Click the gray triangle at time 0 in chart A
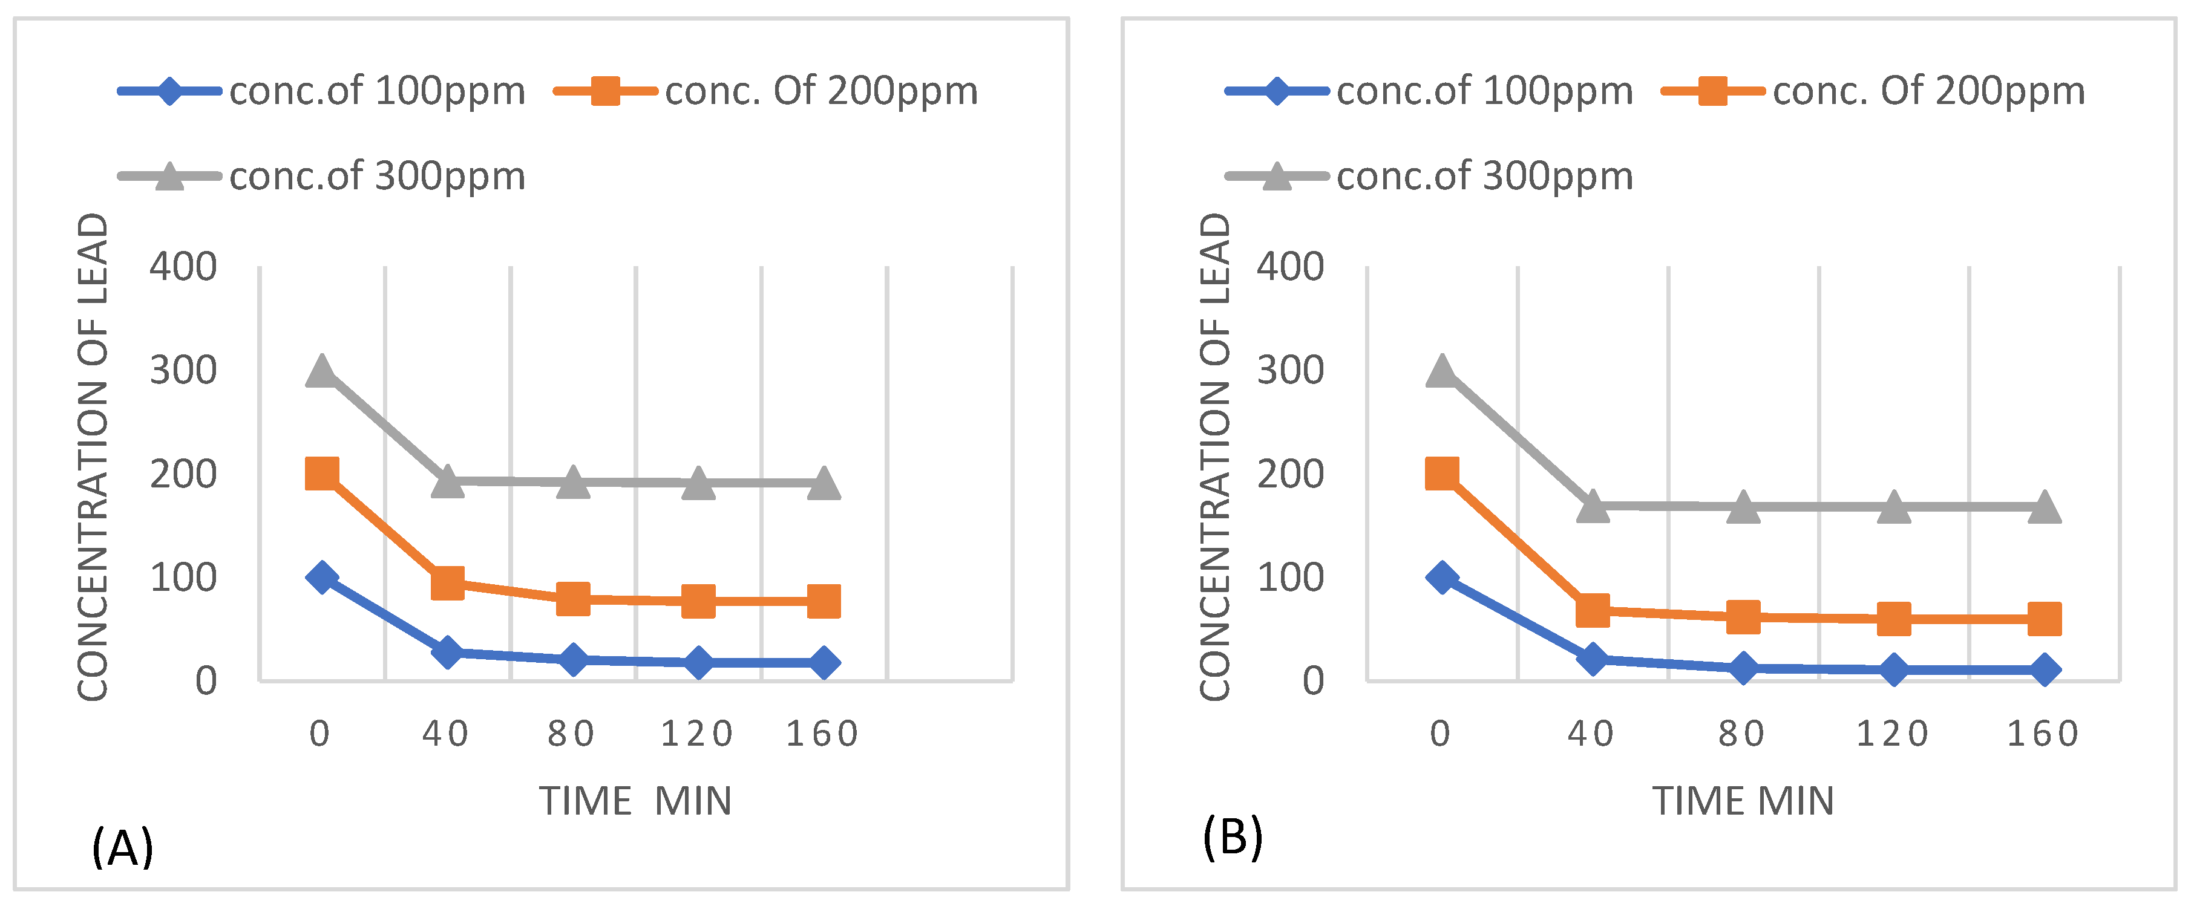[x=321, y=371]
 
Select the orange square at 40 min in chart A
[x=447, y=584]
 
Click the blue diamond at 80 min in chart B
[x=1743, y=668]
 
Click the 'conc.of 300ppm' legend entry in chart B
[x=1429, y=176]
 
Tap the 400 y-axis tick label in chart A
[x=183, y=268]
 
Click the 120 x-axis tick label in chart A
[x=696, y=734]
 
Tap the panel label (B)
[x=1233, y=838]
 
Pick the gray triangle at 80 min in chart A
[x=572, y=482]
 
